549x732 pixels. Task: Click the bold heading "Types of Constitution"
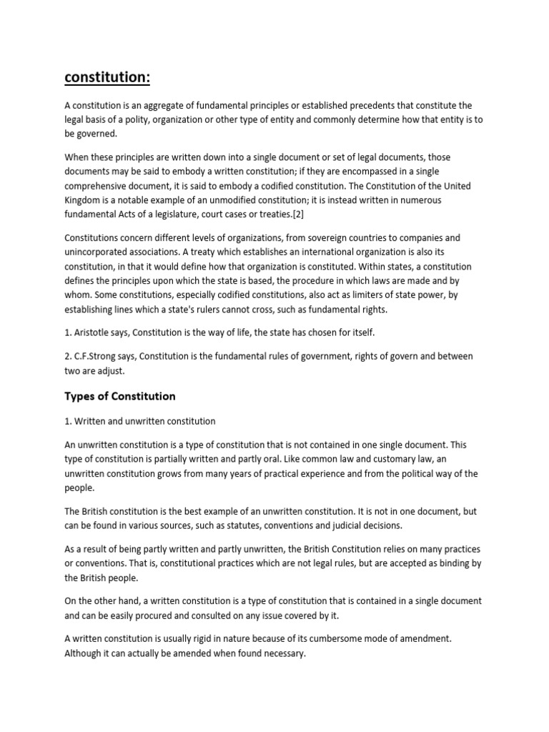120,396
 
